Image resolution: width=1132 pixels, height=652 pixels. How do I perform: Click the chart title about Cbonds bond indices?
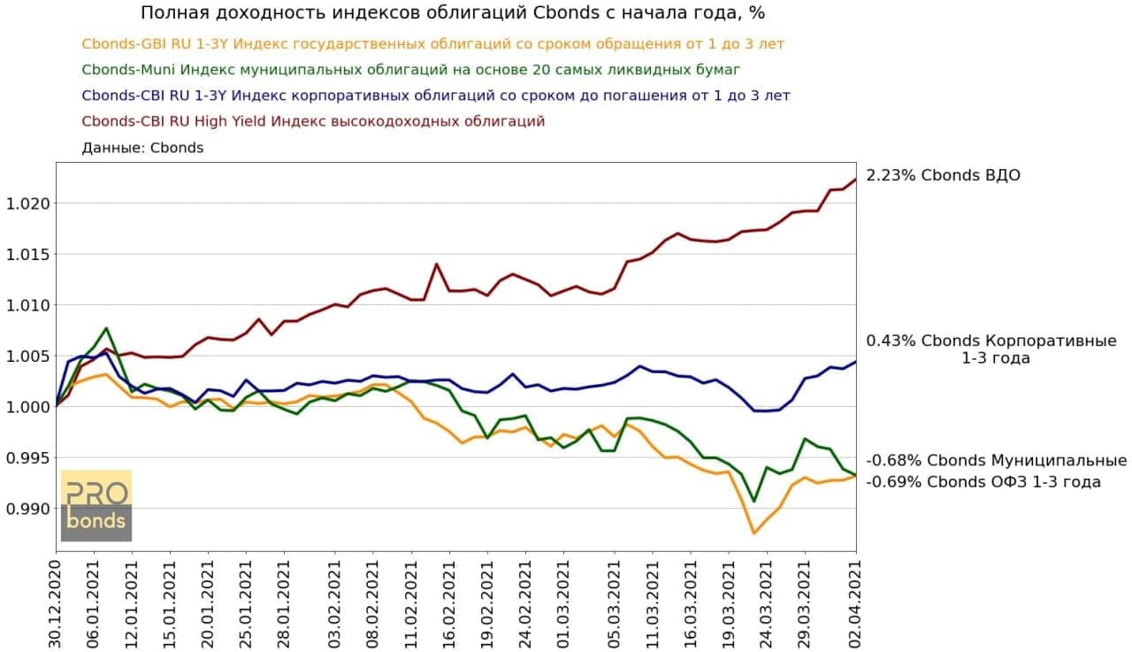[452, 14]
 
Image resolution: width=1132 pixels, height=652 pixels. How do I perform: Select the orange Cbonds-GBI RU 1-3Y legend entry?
[432, 43]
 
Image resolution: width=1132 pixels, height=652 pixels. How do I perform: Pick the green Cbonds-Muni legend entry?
[410, 69]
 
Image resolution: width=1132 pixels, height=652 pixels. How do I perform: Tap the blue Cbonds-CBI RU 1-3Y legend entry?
[435, 95]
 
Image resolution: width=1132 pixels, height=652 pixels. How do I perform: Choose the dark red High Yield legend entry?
[313, 120]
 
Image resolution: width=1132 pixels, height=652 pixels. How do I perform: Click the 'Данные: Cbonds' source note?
[142, 148]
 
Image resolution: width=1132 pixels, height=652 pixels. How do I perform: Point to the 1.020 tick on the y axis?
[28, 203]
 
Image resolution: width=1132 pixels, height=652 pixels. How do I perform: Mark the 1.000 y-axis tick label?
[28, 407]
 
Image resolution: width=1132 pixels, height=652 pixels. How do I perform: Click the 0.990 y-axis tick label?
[28, 509]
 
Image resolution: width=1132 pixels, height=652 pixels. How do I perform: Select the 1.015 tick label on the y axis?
[28, 255]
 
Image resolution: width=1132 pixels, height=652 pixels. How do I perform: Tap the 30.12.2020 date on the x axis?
[57, 602]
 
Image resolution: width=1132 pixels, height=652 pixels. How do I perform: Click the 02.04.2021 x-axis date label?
[855, 602]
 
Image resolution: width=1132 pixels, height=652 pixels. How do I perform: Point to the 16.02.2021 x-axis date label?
[449, 602]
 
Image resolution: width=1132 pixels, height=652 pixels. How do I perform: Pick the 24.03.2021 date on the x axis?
[766, 602]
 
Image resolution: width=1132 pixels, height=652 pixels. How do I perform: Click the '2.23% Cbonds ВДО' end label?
[943, 175]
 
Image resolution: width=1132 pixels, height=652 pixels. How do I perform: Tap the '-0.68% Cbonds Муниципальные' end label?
[997, 461]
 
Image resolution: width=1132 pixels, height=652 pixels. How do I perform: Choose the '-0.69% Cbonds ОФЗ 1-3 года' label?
[983, 482]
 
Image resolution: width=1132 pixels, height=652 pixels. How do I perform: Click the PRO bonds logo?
[96, 505]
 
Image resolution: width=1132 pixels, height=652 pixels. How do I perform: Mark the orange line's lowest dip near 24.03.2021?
[753, 533]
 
